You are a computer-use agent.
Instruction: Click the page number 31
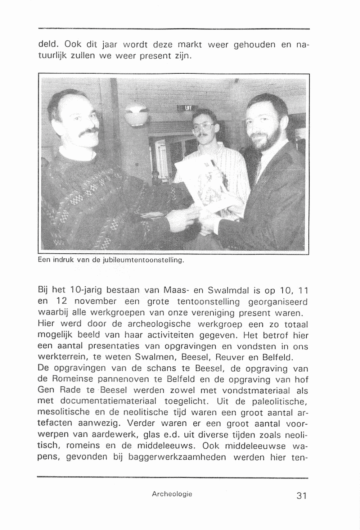pos(301,496)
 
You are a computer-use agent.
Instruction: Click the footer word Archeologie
pos(172,494)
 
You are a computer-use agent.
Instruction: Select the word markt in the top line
pos(190,45)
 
